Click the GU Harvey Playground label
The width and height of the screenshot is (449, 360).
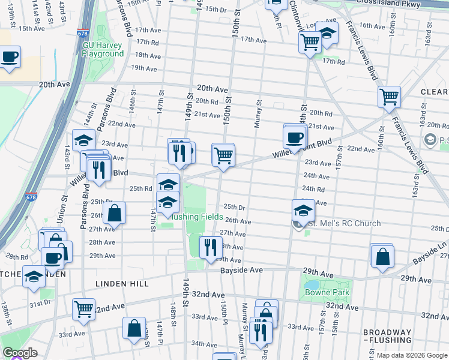click(x=103, y=49)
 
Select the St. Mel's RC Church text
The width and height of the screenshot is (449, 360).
click(x=344, y=224)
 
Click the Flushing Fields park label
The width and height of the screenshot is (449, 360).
click(x=197, y=217)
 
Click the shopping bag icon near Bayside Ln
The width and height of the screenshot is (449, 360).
click(x=382, y=256)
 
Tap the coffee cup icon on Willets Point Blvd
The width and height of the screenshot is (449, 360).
click(x=295, y=137)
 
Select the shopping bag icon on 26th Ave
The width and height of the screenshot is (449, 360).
click(x=114, y=212)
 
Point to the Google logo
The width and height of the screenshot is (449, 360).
click(x=20, y=353)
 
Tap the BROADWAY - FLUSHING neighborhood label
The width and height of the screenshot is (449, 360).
click(x=387, y=337)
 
